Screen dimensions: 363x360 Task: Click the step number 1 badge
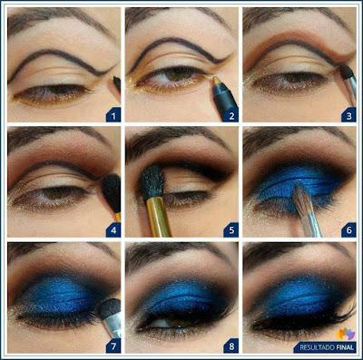coord(113,115)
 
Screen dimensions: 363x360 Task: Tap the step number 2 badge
coord(231,115)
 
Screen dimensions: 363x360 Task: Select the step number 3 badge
coord(348,115)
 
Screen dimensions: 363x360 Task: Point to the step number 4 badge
coord(113,230)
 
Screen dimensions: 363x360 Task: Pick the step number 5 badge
coord(231,230)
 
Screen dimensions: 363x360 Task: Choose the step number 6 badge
coord(348,230)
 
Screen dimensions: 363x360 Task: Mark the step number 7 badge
coord(113,345)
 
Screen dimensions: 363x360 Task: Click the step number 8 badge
coord(231,345)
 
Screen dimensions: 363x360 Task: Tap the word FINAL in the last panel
coord(344,347)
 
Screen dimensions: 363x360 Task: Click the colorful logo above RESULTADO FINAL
coord(345,333)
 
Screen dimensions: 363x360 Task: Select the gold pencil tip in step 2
coord(217,81)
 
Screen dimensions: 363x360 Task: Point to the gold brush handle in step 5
coord(159,216)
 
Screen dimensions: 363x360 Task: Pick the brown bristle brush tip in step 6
coord(302,200)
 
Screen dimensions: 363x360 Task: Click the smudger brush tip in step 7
coord(109,309)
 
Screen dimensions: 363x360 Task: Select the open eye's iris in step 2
coord(178,74)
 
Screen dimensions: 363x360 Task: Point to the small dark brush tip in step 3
coord(347,72)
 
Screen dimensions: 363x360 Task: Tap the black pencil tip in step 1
coord(117,83)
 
